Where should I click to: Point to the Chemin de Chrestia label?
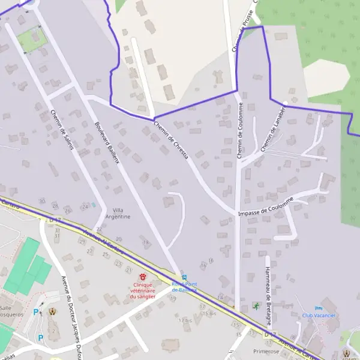(x=171, y=140)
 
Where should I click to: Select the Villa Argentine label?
(x=121, y=213)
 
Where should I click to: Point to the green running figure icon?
(x=257, y=305)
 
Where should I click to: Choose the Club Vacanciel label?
(x=318, y=315)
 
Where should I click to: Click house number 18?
(x=146, y=242)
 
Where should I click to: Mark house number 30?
(x=42, y=200)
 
